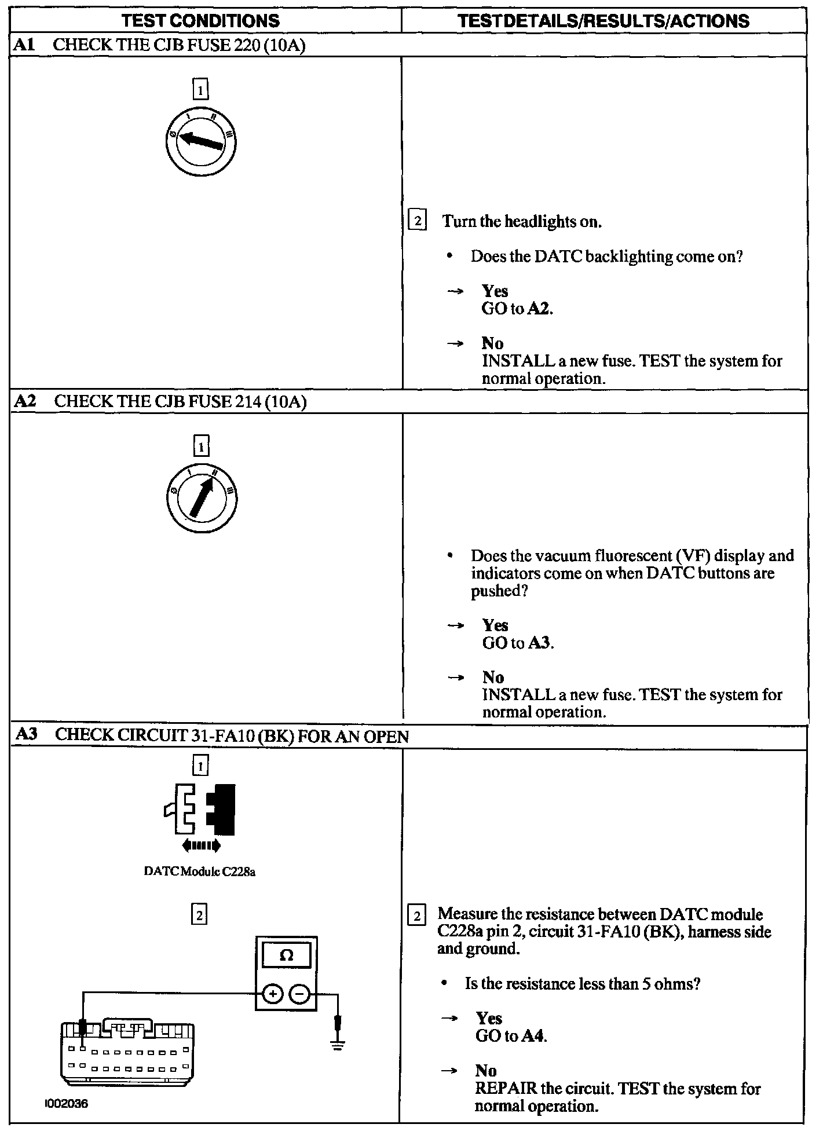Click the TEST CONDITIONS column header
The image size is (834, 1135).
[x=200, y=21]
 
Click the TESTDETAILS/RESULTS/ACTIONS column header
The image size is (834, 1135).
[x=603, y=21]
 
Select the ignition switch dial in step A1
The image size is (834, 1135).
[x=200, y=141]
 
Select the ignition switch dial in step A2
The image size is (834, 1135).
[x=200, y=497]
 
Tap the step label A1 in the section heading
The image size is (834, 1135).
[x=24, y=45]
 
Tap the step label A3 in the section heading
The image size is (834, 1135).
[x=26, y=735]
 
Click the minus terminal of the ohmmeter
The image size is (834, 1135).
[x=299, y=994]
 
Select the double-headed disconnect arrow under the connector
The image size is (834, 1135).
[x=201, y=846]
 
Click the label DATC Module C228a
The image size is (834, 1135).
[x=200, y=872]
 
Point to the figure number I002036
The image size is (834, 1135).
[x=67, y=1104]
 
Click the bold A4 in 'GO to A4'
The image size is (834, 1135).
[x=533, y=1036]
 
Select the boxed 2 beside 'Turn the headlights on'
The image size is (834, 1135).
[x=417, y=221]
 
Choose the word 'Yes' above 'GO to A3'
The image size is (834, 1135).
[x=495, y=625]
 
